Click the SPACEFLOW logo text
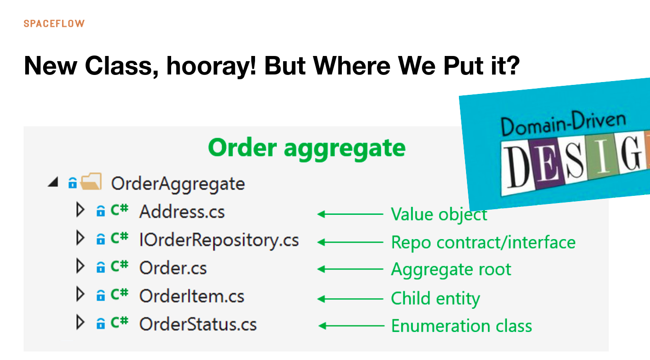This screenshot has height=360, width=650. (54, 24)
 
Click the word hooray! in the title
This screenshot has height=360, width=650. (211, 66)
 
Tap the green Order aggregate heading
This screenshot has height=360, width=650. (307, 148)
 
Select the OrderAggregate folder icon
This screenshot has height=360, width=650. (91, 182)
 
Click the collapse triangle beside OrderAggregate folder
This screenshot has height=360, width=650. (54, 182)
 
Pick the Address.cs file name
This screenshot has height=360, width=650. (182, 212)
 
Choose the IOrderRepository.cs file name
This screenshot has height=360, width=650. (219, 240)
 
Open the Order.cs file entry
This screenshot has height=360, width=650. (173, 268)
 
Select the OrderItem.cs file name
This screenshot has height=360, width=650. (192, 296)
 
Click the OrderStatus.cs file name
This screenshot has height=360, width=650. (198, 324)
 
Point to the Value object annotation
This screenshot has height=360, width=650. (439, 215)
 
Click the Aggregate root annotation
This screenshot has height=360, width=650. (451, 270)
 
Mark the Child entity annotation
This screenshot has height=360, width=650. (435, 298)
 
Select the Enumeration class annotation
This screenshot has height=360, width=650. (461, 326)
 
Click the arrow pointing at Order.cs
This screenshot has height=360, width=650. (350, 269)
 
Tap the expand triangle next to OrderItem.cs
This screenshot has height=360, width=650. (80, 294)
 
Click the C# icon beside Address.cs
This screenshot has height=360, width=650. (119, 210)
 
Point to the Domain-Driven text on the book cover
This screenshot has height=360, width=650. (563, 124)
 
